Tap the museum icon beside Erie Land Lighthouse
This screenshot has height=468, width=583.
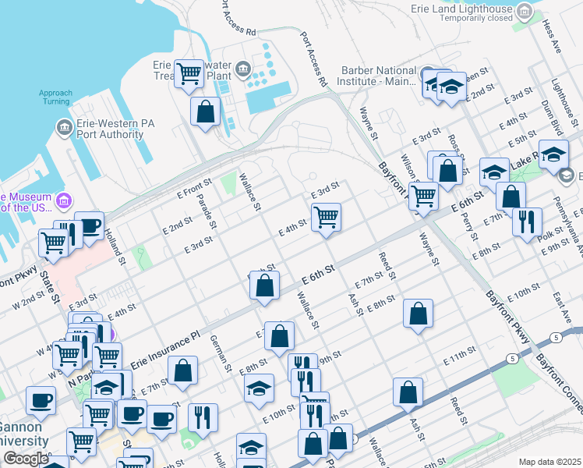pyautogui.click(x=525, y=11)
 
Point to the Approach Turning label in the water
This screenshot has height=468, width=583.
pyautogui.click(x=55, y=97)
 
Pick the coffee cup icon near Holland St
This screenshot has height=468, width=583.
pyautogui.click(x=89, y=226)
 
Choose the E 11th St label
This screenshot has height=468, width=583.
pyautogui.click(x=459, y=359)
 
